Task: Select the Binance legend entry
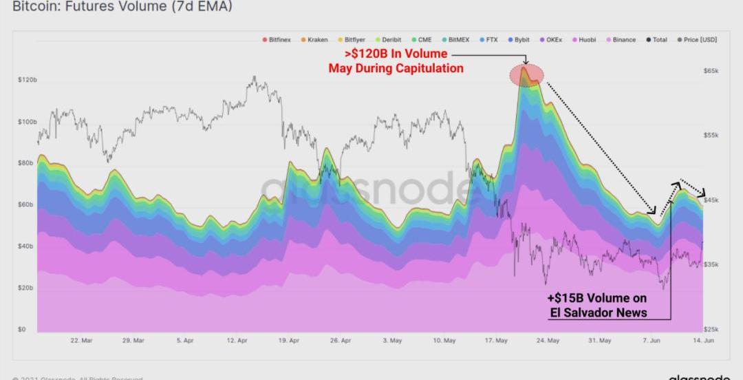(624, 40)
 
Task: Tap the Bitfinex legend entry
(279, 40)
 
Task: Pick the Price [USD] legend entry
(700, 40)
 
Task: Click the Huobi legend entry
(587, 40)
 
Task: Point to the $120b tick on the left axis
(28, 81)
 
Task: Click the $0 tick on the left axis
(23, 329)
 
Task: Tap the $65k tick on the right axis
(711, 71)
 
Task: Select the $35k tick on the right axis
(711, 264)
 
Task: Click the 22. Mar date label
(82, 341)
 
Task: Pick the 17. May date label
(497, 341)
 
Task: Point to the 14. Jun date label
(703, 341)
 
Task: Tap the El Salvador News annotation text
(598, 312)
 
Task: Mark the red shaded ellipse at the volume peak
(527, 76)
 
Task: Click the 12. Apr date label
(237, 341)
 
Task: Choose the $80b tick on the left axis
(26, 163)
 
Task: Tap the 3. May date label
(393, 341)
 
